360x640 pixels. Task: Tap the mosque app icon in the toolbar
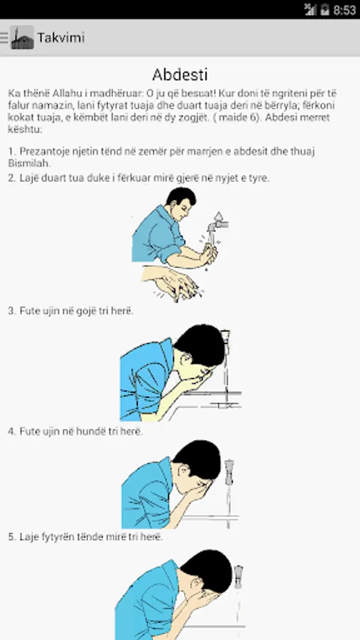[22, 38]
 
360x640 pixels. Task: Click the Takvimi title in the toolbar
[61, 38]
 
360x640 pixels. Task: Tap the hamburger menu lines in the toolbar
[4, 38]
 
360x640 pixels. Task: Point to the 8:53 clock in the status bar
[345, 10]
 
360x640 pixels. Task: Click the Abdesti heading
[180, 75]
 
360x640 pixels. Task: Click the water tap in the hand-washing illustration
[217, 223]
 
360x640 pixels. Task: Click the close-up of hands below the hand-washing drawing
[172, 282]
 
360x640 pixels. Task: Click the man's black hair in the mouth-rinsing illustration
[201, 344]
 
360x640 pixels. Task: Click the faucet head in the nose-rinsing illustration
[229, 472]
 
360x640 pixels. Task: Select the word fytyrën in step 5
[57, 538]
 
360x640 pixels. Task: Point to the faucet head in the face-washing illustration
[238, 576]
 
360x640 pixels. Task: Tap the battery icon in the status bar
[325, 10]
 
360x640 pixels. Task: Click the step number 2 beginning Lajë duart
[11, 178]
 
